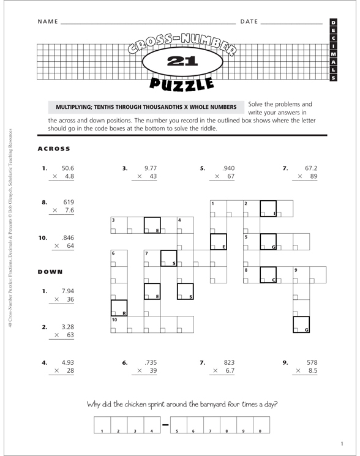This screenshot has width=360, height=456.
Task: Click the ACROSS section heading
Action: (54, 149)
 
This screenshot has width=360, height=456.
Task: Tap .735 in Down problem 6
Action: (150, 362)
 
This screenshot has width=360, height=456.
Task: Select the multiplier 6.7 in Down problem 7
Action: (229, 372)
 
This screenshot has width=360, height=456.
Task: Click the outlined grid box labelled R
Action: (118, 308)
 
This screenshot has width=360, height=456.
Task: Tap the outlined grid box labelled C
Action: (268, 275)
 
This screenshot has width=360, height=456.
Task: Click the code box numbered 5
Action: (178, 424)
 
